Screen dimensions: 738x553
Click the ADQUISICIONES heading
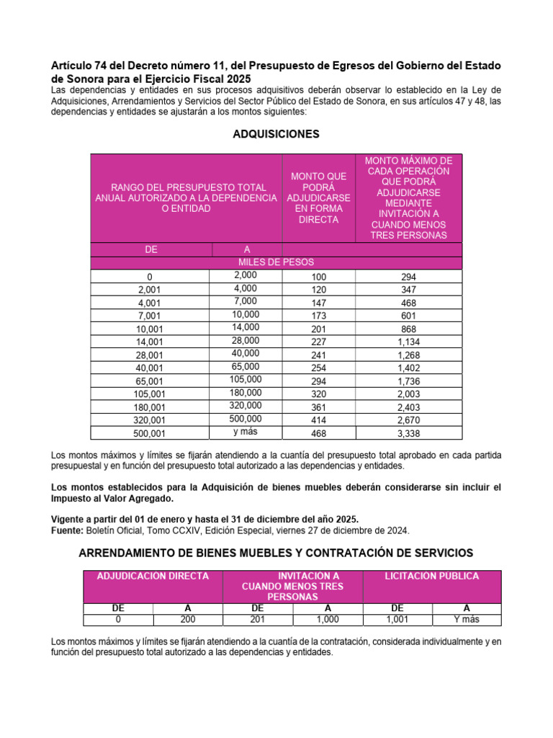(x=276, y=134)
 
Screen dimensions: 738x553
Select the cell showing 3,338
(x=409, y=433)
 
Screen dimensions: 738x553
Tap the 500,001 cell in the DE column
(x=149, y=433)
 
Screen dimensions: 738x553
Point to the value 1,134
(x=409, y=342)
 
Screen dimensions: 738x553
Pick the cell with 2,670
(x=409, y=420)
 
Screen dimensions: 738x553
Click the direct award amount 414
(x=319, y=420)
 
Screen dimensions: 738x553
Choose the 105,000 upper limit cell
(x=246, y=379)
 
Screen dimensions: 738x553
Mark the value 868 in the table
(x=409, y=329)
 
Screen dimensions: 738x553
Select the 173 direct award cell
(x=319, y=316)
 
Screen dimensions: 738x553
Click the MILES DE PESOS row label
(x=276, y=262)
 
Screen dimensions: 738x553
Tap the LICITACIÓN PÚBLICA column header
(x=431, y=577)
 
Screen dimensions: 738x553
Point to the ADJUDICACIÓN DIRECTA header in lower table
(x=153, y=577)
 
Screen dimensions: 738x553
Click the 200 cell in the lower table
(x=188, y=619)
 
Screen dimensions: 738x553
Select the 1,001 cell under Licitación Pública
(x=397, y=619)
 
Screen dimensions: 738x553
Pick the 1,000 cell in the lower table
(x=328, y=619)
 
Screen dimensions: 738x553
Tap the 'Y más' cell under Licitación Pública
(x=467, y=619)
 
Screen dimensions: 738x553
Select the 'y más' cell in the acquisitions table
(x=246, y=432)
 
